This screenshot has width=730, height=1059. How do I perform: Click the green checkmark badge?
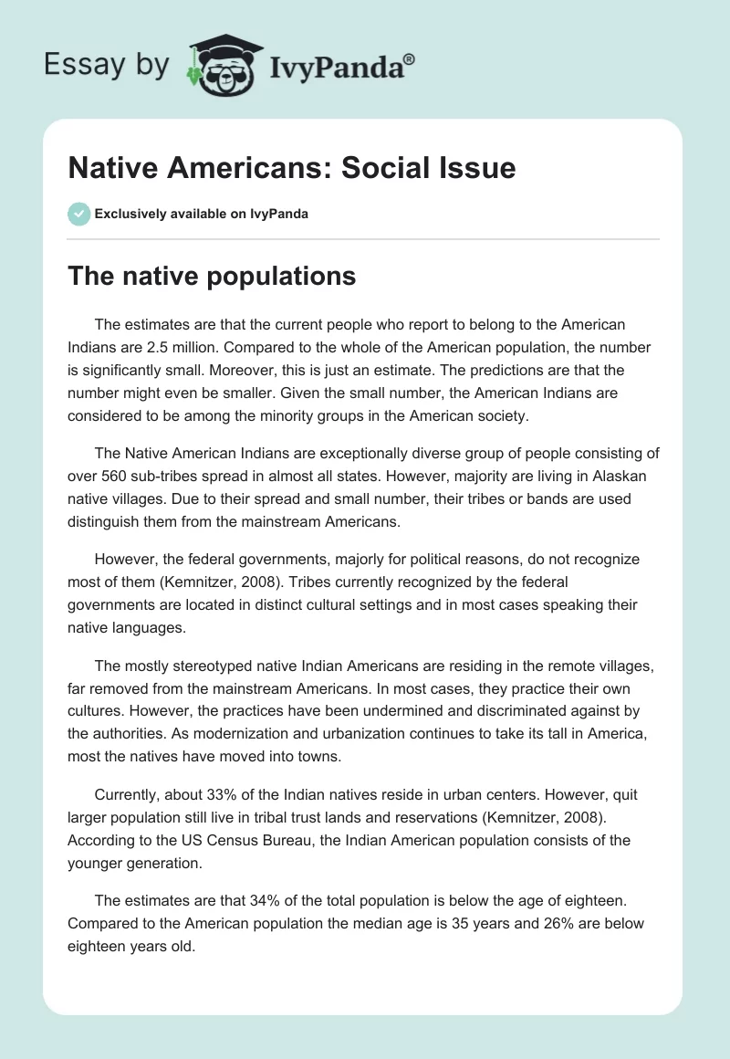coord(78,214)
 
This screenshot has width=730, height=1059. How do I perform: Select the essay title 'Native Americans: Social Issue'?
coord(292,167)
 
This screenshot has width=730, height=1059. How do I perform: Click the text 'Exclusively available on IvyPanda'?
coord(202,214)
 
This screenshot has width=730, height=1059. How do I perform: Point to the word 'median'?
coord(371,923)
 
